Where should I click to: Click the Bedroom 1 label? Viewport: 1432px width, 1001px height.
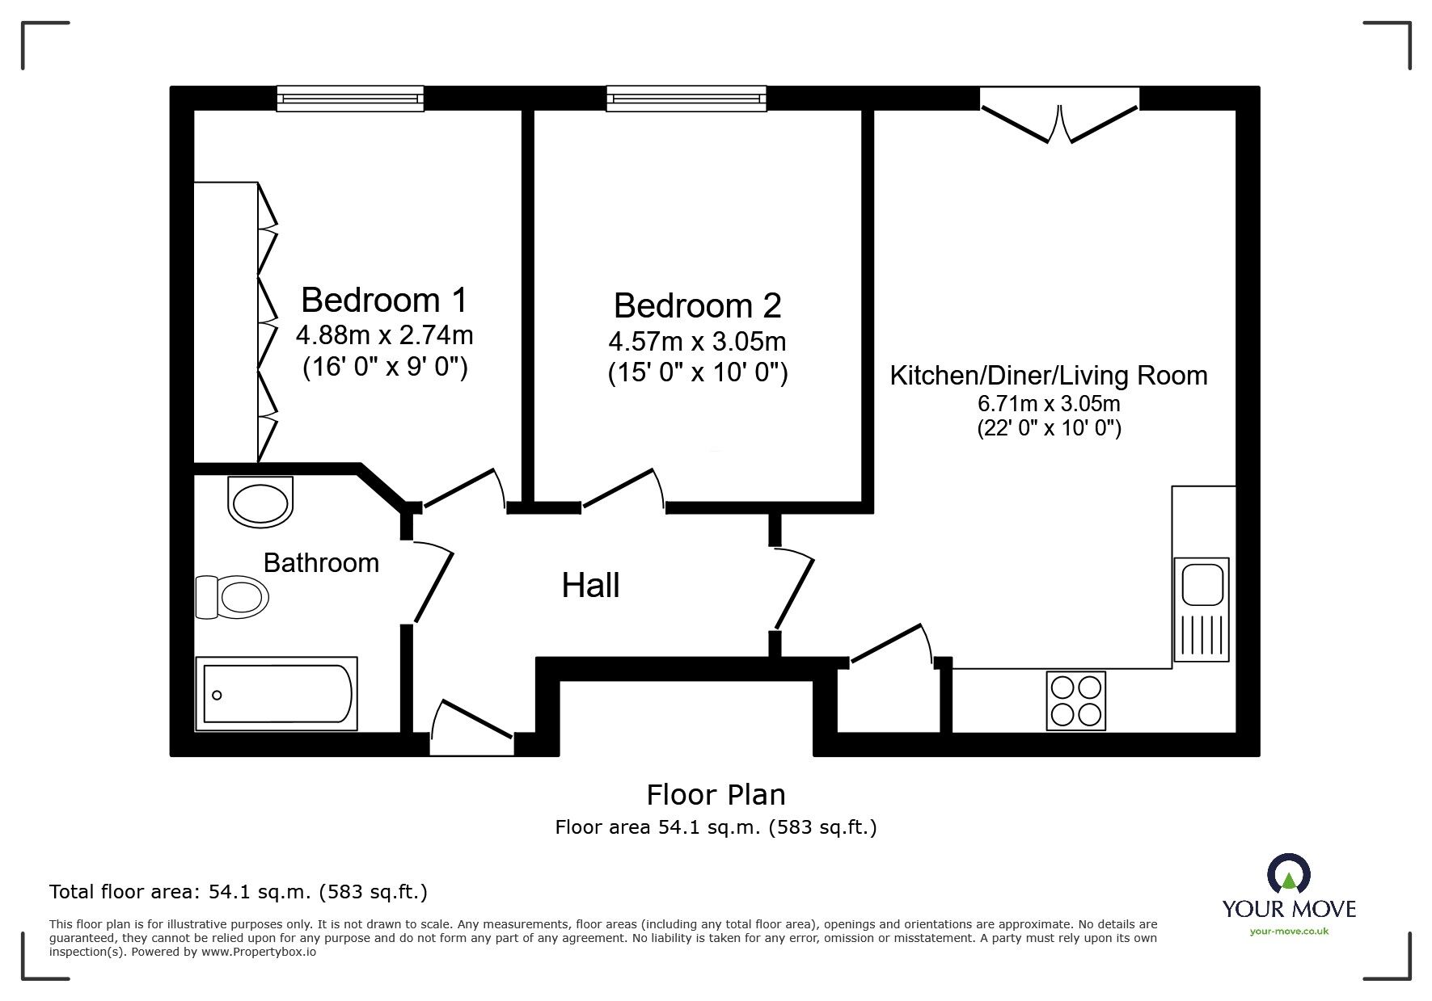pos(384,301)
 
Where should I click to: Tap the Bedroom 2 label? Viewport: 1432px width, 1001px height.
pos(697,306)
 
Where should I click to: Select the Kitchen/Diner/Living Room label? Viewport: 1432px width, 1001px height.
pos(1049,376)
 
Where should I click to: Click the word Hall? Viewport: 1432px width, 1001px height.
pos(590,586)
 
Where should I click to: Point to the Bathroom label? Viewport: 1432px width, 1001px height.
pos(321,563)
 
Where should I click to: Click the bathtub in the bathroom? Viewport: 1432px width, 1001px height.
pos(277,694)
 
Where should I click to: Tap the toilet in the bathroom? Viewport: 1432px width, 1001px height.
pos(233,598)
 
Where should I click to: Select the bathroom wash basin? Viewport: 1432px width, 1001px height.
pos(260,503)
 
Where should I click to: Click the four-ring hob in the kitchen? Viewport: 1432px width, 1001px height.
pos(1075,700)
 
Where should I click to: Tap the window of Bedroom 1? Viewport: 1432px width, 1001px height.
pos(350,99)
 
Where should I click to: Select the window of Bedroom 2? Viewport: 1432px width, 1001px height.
pos(686,99)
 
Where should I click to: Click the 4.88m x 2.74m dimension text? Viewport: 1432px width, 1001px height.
pos(384,334)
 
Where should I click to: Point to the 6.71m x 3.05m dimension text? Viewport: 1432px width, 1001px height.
pos(1049,403)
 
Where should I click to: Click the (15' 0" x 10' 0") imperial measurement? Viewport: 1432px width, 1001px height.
pos(697,374)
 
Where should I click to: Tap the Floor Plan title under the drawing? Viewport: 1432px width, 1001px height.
pos(716,795)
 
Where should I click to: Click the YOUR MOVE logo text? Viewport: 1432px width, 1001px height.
pos(1289,909)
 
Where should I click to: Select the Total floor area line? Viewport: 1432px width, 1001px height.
pos(239,892)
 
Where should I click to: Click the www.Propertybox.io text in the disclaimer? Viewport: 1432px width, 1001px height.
pos(258,952)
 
